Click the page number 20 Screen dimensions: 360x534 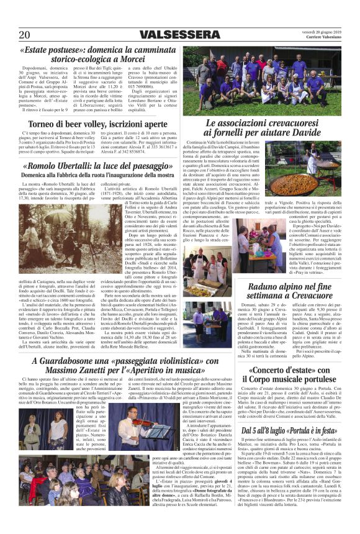(x=24, y=34)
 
